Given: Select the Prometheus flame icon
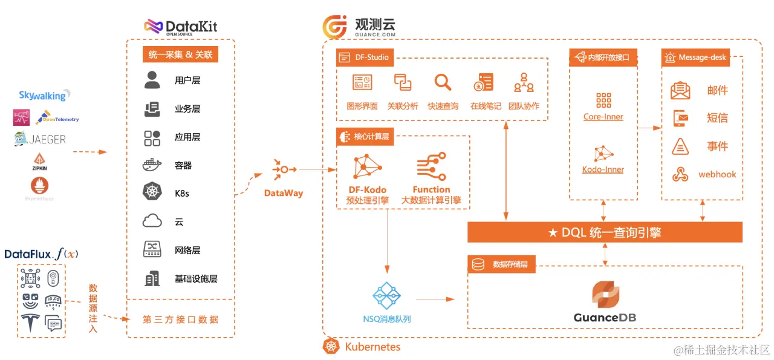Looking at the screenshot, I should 40,185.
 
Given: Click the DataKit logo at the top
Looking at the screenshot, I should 180,27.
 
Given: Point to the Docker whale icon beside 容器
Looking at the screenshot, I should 152,165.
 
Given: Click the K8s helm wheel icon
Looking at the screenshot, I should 152,192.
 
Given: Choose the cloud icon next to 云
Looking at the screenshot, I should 152,221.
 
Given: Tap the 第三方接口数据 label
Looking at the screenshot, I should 180,319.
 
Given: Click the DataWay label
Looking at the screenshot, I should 284,193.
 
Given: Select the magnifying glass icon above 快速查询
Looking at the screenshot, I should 443,82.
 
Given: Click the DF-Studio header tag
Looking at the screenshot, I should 365,57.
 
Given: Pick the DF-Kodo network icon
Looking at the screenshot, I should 367,168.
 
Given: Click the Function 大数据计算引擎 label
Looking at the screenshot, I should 431,195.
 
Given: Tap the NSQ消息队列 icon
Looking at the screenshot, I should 386,296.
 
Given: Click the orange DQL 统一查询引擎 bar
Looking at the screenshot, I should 605,232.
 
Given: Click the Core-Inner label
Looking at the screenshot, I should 603,116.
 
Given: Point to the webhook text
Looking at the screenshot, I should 717,174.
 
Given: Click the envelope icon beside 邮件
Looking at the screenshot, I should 680,91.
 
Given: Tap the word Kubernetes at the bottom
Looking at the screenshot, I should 372,347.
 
